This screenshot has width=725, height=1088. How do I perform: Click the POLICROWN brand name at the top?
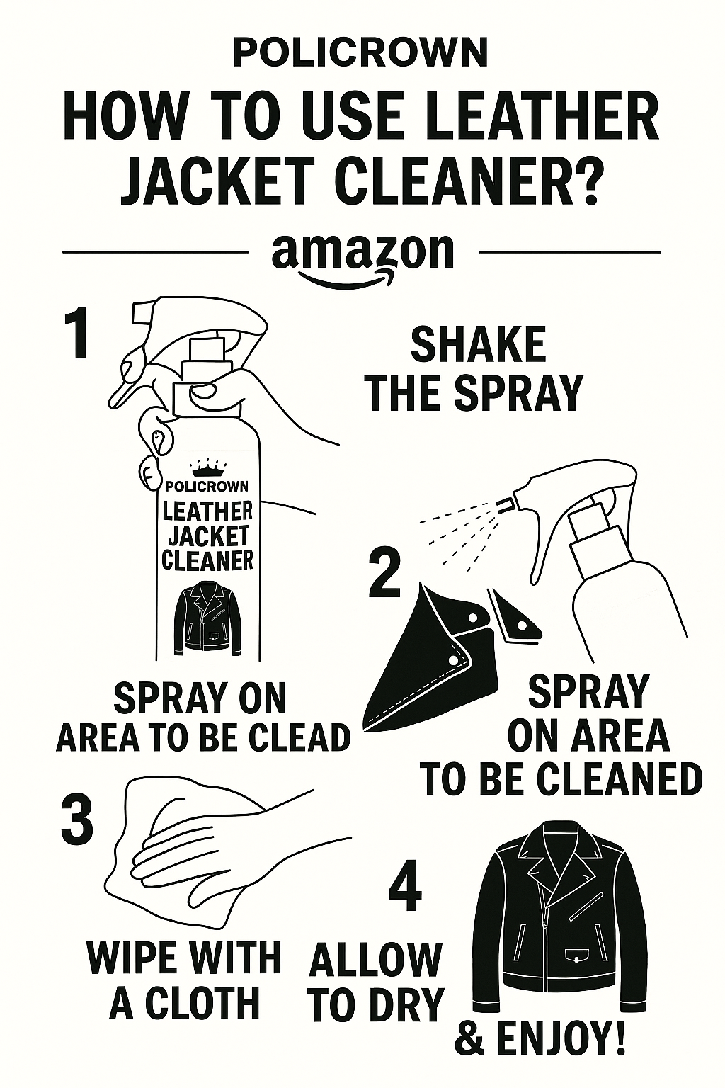[x=360, y=53]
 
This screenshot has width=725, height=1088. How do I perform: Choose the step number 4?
[x=406, y=886]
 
